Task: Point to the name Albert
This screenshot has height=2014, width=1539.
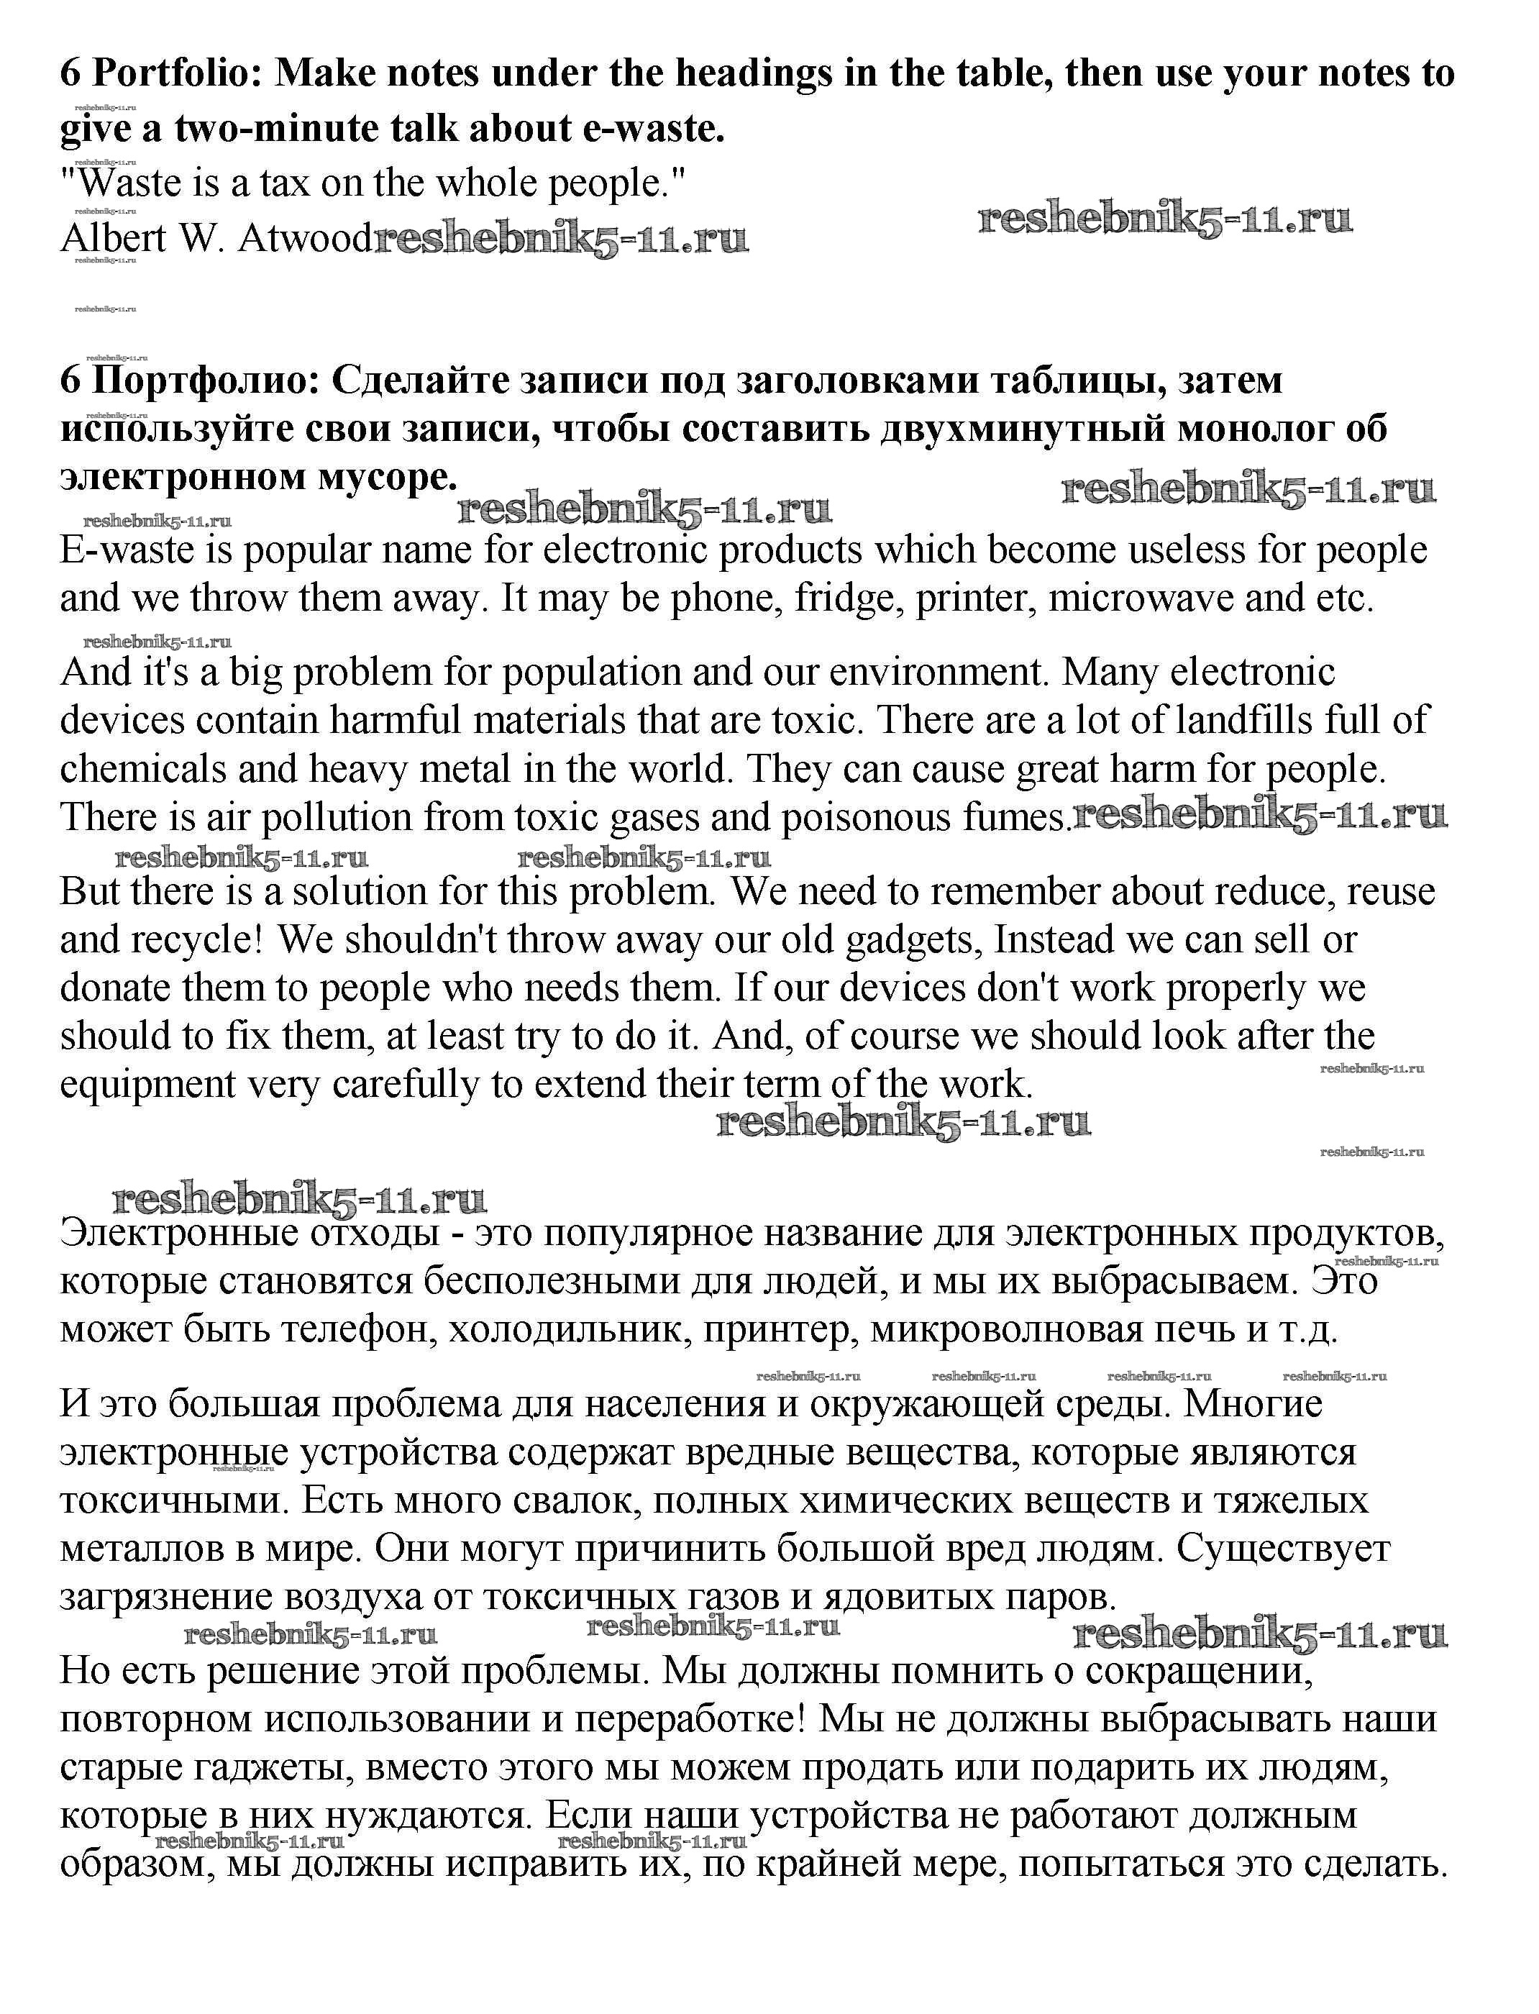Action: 113,238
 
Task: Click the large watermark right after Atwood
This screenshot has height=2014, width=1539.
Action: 561,240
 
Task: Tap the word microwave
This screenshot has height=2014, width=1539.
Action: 1141,598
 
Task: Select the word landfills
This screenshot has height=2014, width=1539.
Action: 1244,720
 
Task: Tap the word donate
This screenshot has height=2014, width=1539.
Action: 115,988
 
